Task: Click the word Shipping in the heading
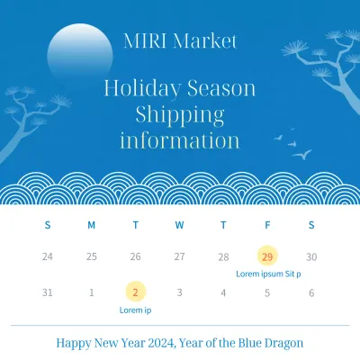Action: (x=179, y=114)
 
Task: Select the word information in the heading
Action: (x=179, y=140)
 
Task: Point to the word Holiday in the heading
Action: (x=141, y=88)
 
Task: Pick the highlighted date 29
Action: (x=267, y=256)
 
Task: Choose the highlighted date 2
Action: (x=135, y=292)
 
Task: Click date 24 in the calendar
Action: (x=47, y=256)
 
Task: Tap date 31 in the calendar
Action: (x=47, y=292)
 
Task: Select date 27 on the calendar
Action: (x=179, y=256)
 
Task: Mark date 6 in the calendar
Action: (x=311, y=292)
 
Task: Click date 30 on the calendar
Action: (x=311, y=256)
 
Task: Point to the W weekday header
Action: (x=179, y=224)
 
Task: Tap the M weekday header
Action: (x=91, y=224)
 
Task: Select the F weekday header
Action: (x=267, y=224)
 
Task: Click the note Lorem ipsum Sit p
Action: (x=268, y=273)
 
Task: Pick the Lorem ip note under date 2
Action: (x=135, y=310)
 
